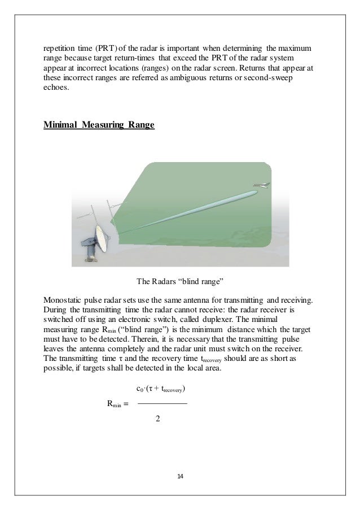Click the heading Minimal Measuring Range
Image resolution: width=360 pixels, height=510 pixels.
tap(99, 125)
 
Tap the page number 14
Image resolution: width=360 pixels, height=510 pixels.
tap(180, 477)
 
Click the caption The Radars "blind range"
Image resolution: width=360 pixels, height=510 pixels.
tap(181, 281)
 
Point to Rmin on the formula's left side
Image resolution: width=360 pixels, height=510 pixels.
tap(115, 404)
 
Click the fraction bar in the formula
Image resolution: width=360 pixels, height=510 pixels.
tap(162, 403)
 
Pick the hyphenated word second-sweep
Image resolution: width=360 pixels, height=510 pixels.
tap(271, 79)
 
